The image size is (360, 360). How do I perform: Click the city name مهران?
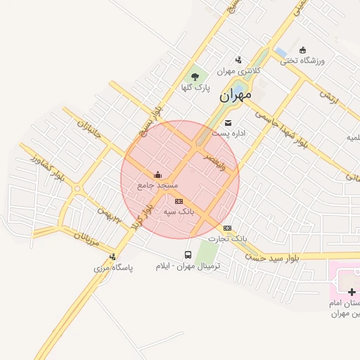coord(235,95)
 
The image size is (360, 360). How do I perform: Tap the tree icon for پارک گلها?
coord(195,75)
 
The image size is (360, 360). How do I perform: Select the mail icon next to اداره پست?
coord(228,123)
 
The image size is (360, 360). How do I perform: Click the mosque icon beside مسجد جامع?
coord(157,175)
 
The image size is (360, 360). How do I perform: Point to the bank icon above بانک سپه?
coord(178,200)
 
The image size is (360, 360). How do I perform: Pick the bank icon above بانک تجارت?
coord(226,228)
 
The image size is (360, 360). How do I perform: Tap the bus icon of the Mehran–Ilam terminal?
coord(188,255)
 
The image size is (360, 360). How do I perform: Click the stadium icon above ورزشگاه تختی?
coord(302,50)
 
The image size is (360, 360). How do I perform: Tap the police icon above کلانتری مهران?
coord(238,60)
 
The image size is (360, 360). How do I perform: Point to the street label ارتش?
coord(328,98)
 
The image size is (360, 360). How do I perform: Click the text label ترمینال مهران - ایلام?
coord(188,266)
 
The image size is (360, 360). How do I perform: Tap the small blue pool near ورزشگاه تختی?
coord(280,51)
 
